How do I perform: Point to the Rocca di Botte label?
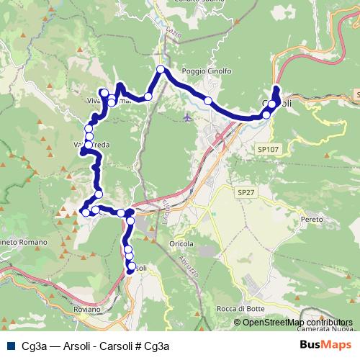point(235,309)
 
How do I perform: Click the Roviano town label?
point(87,309)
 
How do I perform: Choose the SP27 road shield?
point(246,193)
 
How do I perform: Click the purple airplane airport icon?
point(189,116)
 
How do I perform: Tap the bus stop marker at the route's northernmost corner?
point(161,70)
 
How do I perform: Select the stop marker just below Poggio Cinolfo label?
point(208,101)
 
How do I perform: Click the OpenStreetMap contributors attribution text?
point(297,323)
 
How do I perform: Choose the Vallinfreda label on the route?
point(92,145)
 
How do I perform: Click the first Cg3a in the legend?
point(34,346)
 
